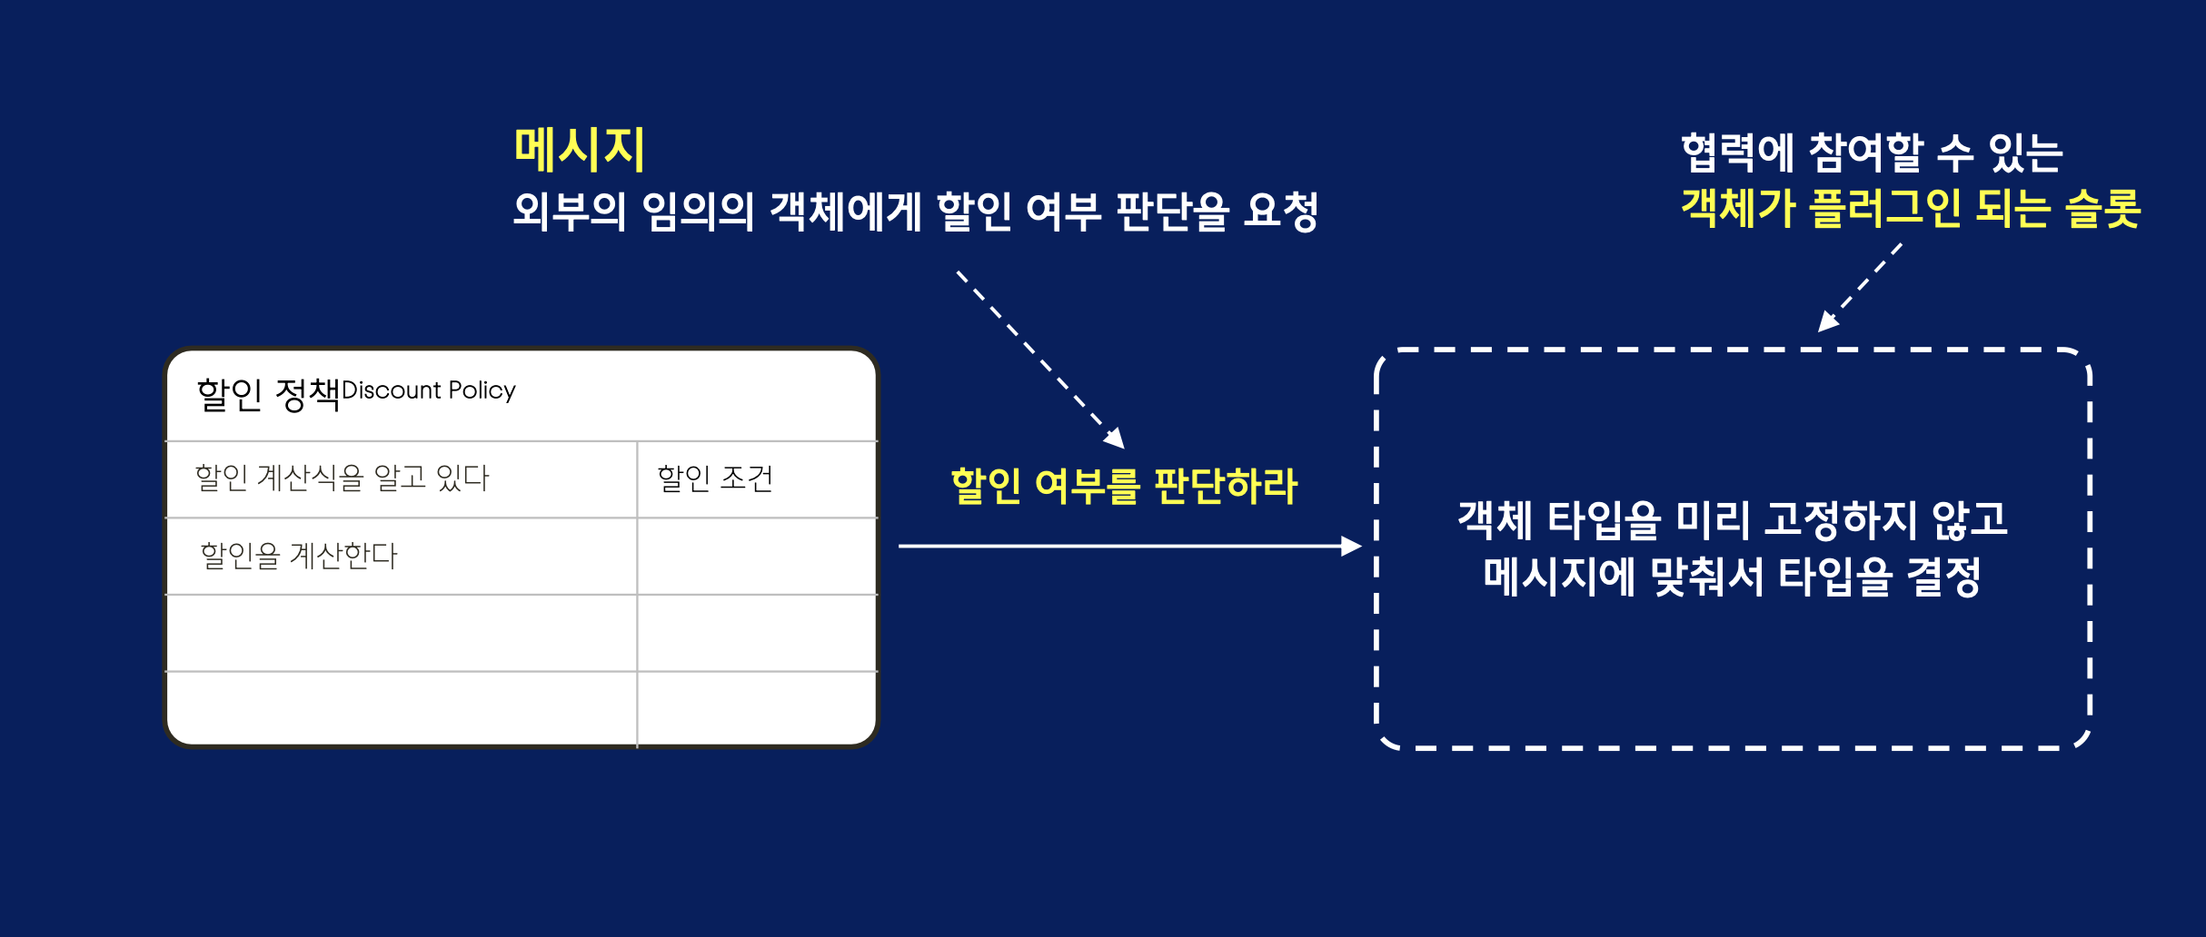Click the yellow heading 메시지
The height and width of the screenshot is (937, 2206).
coord(580,150)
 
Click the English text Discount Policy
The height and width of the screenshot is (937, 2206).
coord(429,390)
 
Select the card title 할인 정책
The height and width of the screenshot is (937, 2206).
coord(268,394)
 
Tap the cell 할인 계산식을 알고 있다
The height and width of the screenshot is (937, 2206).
coord(343,478)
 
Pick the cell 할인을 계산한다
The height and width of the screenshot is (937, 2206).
coord(299,556)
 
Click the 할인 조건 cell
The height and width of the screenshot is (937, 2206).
coord(715,478)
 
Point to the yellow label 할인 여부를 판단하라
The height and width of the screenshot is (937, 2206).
coord(1124,486)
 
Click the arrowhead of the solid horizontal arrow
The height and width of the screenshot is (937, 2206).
coord(1352,546)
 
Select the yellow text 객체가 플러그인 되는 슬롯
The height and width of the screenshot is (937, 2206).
coord(1911,209)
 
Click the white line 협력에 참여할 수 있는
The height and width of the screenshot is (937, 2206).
coord(1872,153)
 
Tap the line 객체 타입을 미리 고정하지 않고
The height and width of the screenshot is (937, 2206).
coord(1733,519)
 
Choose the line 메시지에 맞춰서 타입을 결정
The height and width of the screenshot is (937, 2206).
coord(1732,577)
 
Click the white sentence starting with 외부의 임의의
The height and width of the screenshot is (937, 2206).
coord(915,211)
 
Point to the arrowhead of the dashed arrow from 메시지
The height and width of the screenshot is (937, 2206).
coord(1116,439)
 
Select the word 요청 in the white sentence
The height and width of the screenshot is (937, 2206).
coord(1281,211)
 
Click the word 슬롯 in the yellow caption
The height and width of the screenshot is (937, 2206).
coord(2102,209)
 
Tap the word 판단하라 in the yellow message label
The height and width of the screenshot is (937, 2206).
coord(1226,486)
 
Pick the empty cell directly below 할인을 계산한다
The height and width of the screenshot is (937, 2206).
coord(401,633)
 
